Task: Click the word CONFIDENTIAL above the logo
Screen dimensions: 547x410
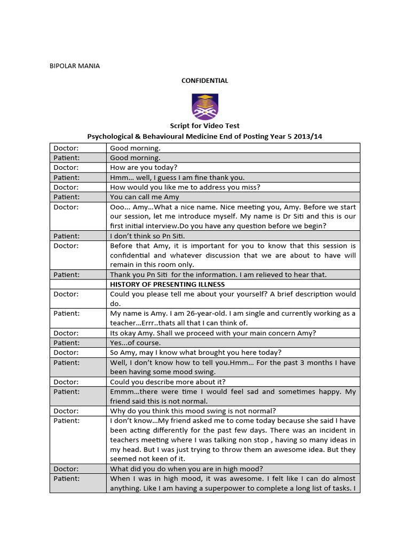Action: click(204, 81)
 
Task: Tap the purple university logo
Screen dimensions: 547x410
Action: click(205, 106)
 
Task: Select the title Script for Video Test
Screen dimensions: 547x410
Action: click(204, 126)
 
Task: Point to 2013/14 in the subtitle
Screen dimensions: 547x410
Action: click(309, 136)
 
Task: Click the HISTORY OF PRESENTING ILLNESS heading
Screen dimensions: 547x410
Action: click(167, 284)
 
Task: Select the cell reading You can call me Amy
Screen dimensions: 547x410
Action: click(144, 197)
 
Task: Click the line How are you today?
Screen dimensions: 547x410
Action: click(143, 167)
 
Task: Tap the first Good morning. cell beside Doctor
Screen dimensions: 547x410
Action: click(135, 148)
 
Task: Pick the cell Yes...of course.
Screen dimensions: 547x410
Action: click(135, 342)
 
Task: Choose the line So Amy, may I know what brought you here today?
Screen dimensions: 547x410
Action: click(188, 353)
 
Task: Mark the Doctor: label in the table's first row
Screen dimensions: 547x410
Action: click(66, 148)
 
